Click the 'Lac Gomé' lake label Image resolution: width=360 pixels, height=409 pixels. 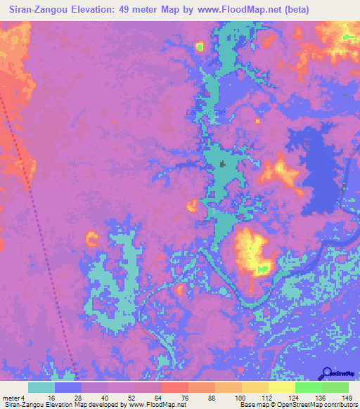point(205,112)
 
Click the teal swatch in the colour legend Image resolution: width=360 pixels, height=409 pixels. point(41,387)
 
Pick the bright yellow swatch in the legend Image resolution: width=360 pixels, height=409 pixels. point(281,387)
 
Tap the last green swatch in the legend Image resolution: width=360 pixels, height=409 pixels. point(335,387)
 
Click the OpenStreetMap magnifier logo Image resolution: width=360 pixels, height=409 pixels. point(326,373)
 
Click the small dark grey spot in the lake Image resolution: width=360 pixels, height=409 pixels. point(224,164)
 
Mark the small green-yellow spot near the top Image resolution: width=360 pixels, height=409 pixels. point(199,47)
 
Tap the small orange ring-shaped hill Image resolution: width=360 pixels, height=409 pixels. point(91,238)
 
